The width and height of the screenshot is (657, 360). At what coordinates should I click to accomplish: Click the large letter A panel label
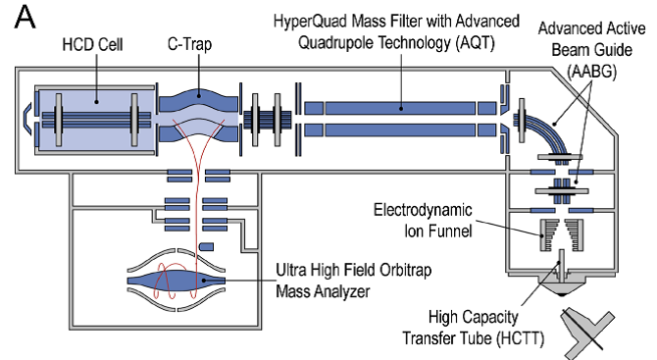click(25, 18)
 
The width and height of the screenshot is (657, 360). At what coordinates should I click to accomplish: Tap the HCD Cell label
click(92, 44)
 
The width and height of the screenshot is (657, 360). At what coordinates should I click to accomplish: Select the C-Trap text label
click(189, 44)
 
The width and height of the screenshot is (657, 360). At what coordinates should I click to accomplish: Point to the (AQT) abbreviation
click(476, 42)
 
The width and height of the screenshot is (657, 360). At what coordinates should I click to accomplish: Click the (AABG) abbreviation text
click(591, 72)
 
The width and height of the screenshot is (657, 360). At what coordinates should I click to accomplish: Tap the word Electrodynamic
click(423, 210)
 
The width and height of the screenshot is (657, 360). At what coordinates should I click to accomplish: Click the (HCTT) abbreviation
click(520, 337)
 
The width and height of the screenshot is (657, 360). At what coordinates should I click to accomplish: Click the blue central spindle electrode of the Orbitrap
click(176, 281)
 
